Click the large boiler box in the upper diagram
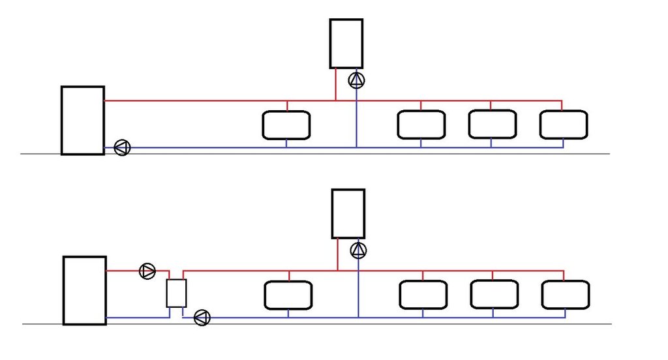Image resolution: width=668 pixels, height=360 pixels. tap(82, 120)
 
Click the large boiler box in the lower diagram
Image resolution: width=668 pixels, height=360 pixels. tap(84, 290)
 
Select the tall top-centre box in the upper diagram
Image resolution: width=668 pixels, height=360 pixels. tap(346, 44)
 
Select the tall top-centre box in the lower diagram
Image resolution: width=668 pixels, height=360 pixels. tap(348, 213)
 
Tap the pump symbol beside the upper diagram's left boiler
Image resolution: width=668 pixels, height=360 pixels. tap(122, 147)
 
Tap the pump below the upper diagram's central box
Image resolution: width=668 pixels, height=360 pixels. tap(357, 81)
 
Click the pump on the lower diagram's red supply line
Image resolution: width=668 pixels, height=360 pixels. tap(148, 271)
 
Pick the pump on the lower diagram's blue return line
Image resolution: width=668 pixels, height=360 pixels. tap(202, 318)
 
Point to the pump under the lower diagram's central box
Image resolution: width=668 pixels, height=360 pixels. tap(358, 250)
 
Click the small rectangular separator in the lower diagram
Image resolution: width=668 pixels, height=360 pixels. tap(176, 293)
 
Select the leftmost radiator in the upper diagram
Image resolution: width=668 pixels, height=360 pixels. tap(286, 125)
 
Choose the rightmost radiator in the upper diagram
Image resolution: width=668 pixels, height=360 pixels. tap(564, 125)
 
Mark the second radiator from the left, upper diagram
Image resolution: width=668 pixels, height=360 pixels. tap(421, 125)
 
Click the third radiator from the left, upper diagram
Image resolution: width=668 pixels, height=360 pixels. tap(492, 125)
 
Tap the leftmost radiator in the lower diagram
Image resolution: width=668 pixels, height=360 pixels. tap(288, 295)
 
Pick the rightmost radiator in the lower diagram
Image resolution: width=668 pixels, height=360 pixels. tap(566, 295)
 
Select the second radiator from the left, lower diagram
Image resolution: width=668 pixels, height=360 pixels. tap(423, 295)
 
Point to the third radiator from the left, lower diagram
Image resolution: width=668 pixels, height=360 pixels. tap(494, 295)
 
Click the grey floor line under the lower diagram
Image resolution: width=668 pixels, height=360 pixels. tap(457, 324)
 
